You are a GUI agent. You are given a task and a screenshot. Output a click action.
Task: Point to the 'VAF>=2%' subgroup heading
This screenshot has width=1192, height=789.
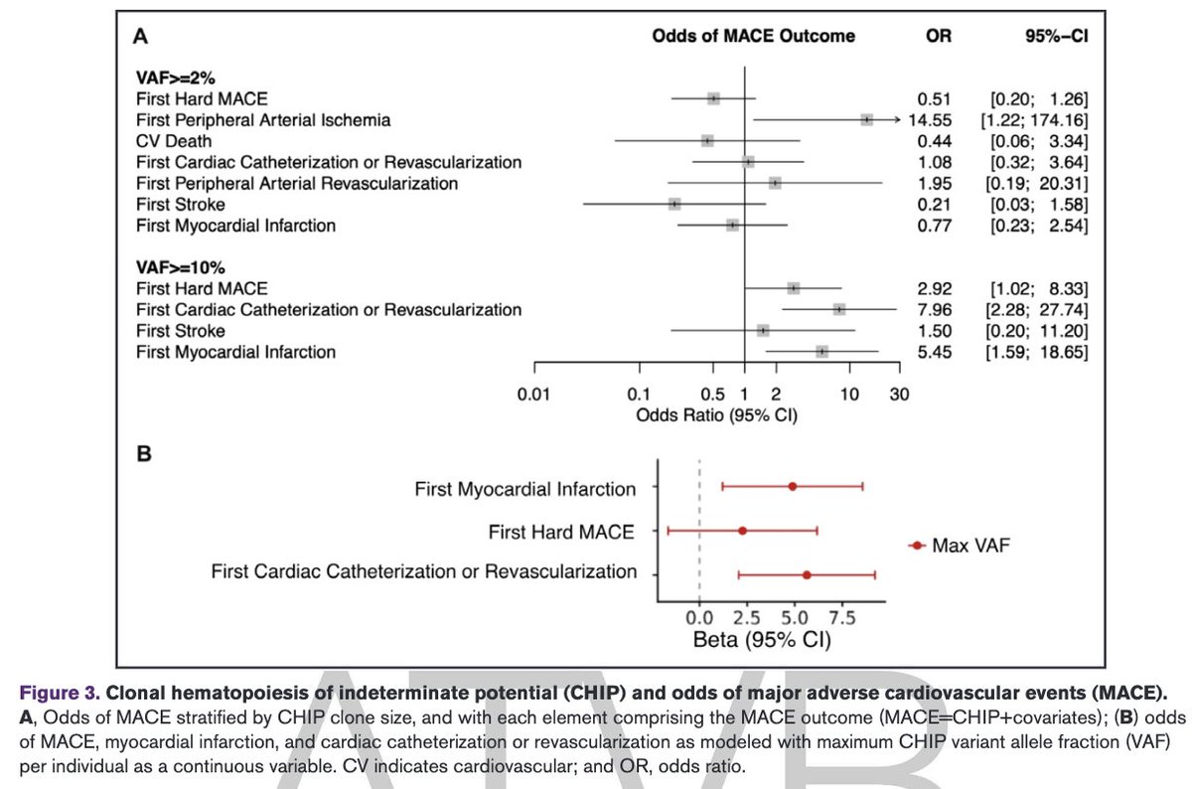coord(174,78)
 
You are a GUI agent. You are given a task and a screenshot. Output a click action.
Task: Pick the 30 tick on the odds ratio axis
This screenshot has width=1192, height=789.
coord(900,395)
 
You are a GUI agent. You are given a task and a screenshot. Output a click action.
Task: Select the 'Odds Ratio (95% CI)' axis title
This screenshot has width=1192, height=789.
coord(716,414)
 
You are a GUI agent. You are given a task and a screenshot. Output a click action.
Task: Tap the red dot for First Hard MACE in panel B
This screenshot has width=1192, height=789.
coord(742,532)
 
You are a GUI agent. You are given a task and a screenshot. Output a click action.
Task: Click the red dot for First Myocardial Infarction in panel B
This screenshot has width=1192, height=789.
coord(792,487)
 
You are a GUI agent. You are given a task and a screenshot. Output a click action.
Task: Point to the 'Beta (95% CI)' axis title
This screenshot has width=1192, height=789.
coord(761,640)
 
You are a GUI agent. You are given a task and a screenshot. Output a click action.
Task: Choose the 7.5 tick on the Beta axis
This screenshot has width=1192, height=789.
coord(841,617)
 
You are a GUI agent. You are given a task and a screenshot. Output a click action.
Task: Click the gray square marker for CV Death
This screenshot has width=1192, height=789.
coord(707,140)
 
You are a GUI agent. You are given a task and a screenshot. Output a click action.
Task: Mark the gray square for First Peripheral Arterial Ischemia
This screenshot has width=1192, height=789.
coord(867,119)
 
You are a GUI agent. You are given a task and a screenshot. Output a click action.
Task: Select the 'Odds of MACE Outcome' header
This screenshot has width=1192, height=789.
coord(753,36)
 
